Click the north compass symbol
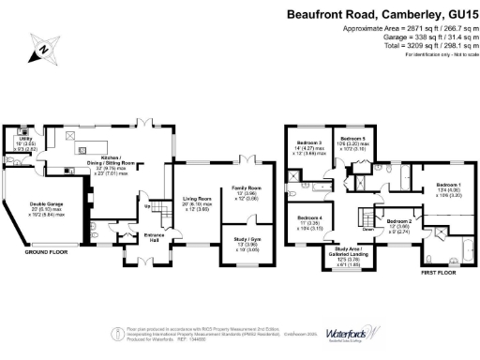pyautogui.click(x=40, y=44)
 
